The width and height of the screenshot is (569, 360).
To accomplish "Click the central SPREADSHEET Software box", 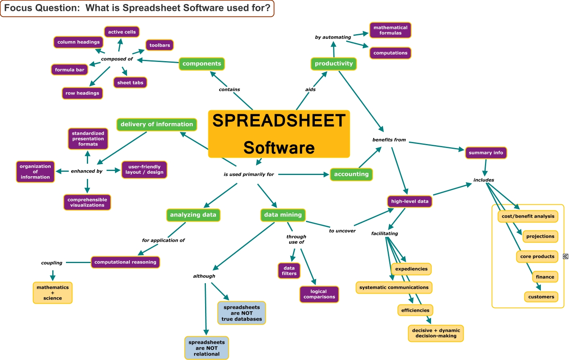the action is coord(279,134).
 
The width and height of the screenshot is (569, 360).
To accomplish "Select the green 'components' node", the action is coord(201,64).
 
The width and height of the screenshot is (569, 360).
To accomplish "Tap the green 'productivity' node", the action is coord(333,64).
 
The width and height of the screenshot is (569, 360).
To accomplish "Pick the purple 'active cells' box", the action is coord(122,32).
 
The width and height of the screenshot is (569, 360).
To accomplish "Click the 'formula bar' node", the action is coord(70,70).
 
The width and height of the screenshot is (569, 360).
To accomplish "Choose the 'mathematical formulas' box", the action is coord(390,30).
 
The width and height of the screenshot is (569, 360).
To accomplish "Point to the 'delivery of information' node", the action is coord(156,124).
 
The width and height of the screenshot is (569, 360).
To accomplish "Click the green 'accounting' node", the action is coord(351,174).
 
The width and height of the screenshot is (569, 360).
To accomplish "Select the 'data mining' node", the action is coord(283,215).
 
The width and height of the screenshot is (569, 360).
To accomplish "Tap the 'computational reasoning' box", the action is coord(125,262).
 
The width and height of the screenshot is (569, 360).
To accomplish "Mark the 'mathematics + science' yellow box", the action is coord(53,292).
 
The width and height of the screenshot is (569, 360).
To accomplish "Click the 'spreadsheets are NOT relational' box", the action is coord(207,348).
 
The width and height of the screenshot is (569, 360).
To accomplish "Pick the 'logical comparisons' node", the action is coord(319,294).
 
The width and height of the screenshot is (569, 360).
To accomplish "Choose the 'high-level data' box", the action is coord(409,201).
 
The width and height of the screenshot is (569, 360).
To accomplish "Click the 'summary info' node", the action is coord(485,152).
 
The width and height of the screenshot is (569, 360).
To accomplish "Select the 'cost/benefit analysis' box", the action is coord(528,216).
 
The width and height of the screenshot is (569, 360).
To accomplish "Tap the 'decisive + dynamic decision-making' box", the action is coord(436,333).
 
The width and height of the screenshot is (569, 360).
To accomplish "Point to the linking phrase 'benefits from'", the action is coord(389,140).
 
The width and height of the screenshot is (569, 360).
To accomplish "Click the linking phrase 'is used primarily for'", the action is coord(249,174).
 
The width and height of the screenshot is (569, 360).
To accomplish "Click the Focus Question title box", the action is coord(137,8).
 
